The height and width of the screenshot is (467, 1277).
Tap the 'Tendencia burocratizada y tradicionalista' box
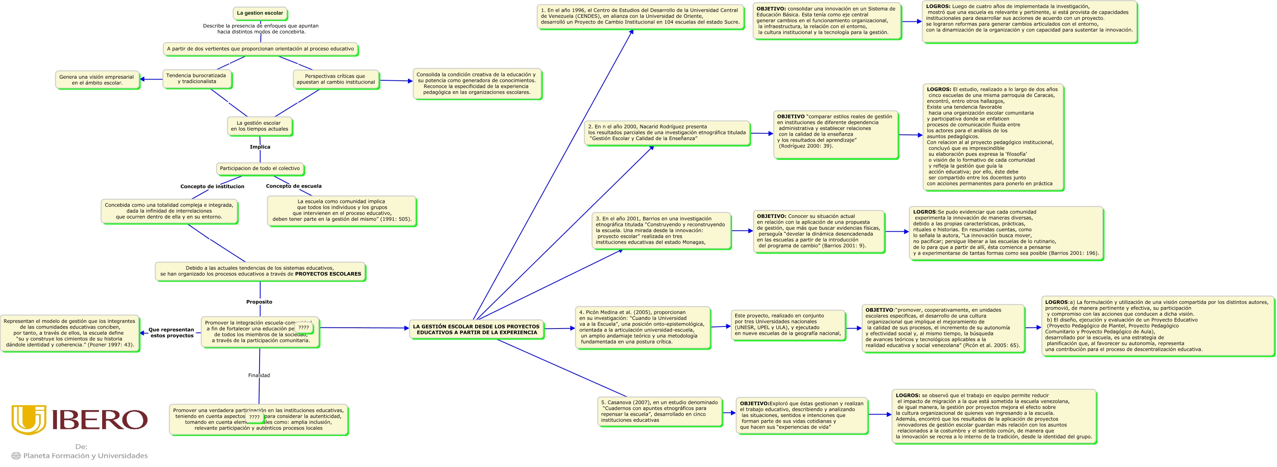click(196, 79)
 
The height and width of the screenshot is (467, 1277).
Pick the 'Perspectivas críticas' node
click(336, 80)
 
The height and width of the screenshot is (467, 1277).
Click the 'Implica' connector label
click(260, 147)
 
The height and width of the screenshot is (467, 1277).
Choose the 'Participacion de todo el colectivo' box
click(260, 169)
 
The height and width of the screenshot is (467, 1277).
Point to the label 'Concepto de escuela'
click(294, 186)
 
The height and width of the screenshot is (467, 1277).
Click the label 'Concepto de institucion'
click(212, 186)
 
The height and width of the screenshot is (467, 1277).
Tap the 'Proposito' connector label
click(259, 302)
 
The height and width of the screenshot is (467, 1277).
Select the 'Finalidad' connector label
click(259, 375)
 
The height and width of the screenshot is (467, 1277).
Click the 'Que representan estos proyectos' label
click(172, 333)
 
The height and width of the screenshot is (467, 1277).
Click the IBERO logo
click(79, 419)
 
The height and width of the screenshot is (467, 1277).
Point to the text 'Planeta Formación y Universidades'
click(85, 456)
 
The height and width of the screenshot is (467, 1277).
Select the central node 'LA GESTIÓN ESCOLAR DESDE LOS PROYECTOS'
click(476, 330)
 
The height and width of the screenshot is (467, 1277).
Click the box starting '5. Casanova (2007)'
click(659, 411)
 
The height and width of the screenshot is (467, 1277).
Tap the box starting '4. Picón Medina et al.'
click(642, 327)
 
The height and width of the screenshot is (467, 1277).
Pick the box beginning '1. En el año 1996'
click(640, 17)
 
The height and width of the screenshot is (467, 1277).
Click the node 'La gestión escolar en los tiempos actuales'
click(259, 126)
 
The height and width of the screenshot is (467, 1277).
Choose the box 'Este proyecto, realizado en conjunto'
click(788, 325)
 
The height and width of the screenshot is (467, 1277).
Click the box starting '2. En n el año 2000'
click(667, 133)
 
